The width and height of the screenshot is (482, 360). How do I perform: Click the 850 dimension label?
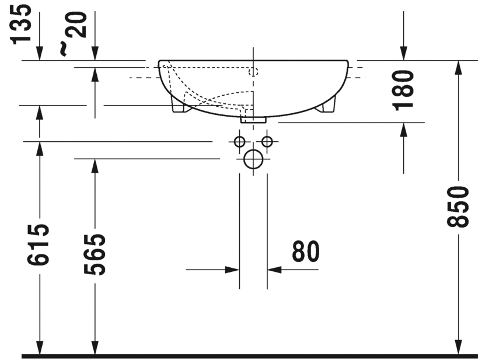458,207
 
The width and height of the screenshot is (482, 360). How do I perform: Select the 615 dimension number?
38,244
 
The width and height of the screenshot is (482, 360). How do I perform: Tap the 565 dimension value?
95,254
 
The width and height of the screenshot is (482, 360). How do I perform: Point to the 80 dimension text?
306,251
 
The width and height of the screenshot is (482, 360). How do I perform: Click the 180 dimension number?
403,90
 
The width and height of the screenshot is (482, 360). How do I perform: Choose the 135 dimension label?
21,24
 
